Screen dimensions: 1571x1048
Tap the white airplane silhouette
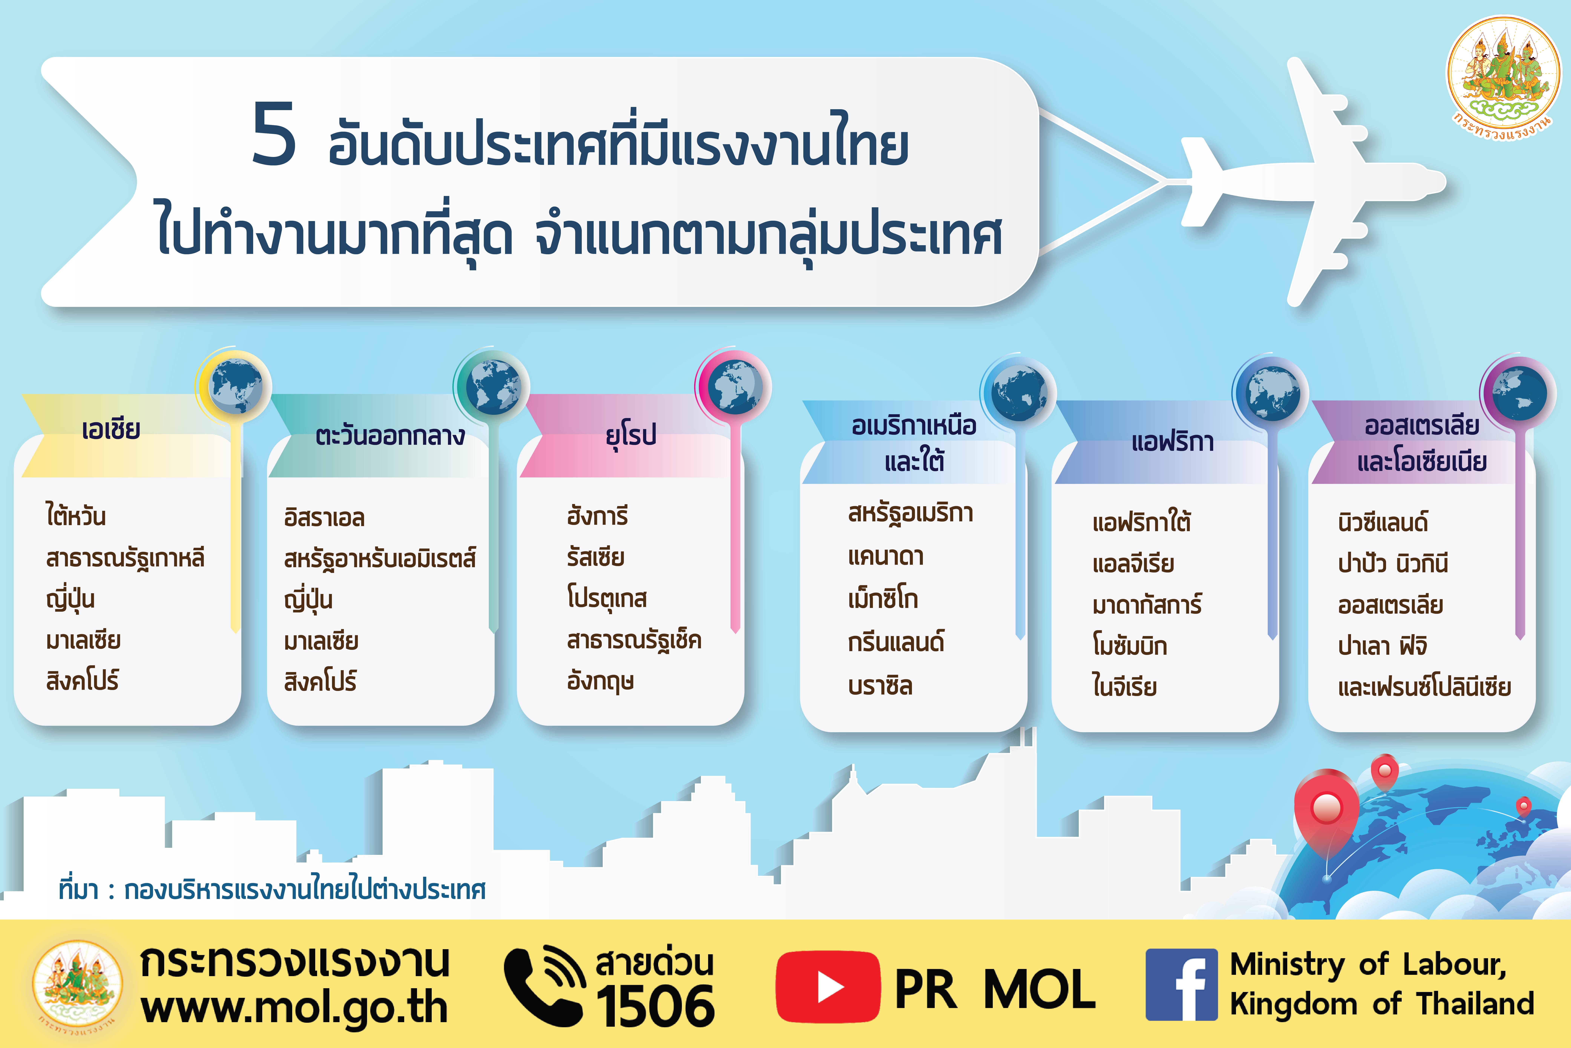click(1309, 182)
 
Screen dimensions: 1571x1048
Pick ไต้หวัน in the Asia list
click(75, 516)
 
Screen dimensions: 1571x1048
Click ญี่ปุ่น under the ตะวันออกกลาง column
click(308, 599)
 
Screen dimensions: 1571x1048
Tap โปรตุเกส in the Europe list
click(606, 598)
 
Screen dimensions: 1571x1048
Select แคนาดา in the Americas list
click(886, 556)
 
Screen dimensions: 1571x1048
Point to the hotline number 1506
click(655, 1006)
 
